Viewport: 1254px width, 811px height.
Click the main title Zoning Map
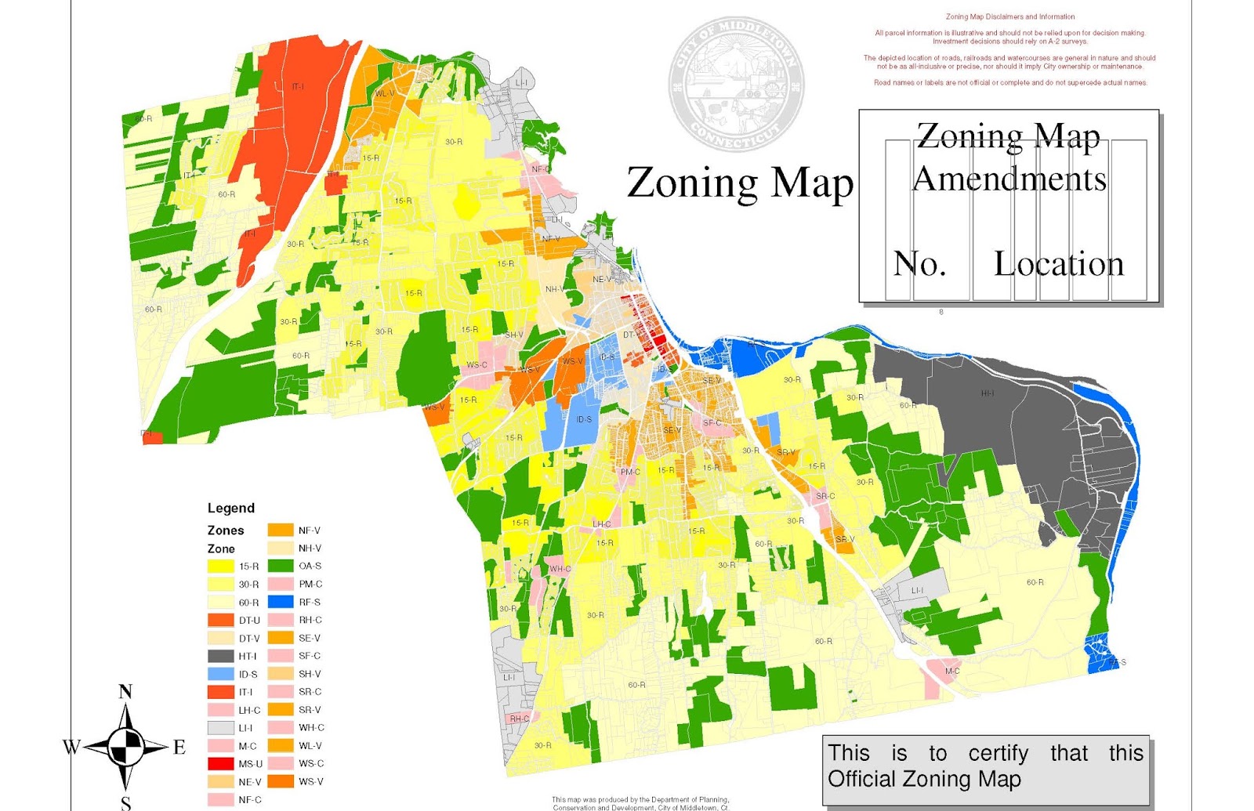click(739, 183)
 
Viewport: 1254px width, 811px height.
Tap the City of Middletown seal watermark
click(736, 85)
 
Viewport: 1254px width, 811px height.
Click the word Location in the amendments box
click(1058, 264)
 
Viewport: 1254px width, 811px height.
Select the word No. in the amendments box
click(919, 264)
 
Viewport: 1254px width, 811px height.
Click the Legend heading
click(230, 508)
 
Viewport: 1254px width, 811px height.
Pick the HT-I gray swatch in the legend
click(221, 656)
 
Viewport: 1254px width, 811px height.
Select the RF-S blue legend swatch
click(281, 602)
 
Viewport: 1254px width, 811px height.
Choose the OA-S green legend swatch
click(281, 566)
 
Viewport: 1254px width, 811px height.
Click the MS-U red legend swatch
click(221, 763)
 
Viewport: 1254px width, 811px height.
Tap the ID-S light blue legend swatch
click(221, 674)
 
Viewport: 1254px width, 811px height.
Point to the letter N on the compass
click(125, 692)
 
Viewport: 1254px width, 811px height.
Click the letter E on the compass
click(179, 748)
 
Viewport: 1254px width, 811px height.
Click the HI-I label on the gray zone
click(988, 393)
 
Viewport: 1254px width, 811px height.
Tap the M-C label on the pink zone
click(952, 671)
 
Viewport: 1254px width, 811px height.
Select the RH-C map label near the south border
click(520, 719)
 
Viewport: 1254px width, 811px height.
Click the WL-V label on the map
click(384, 93)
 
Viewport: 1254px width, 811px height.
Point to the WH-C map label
click(560, 569)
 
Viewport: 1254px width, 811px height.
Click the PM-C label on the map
click(630, 472)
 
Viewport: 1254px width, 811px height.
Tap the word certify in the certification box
click(998, 753)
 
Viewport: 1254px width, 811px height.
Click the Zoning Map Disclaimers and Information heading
click(1009, 16)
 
